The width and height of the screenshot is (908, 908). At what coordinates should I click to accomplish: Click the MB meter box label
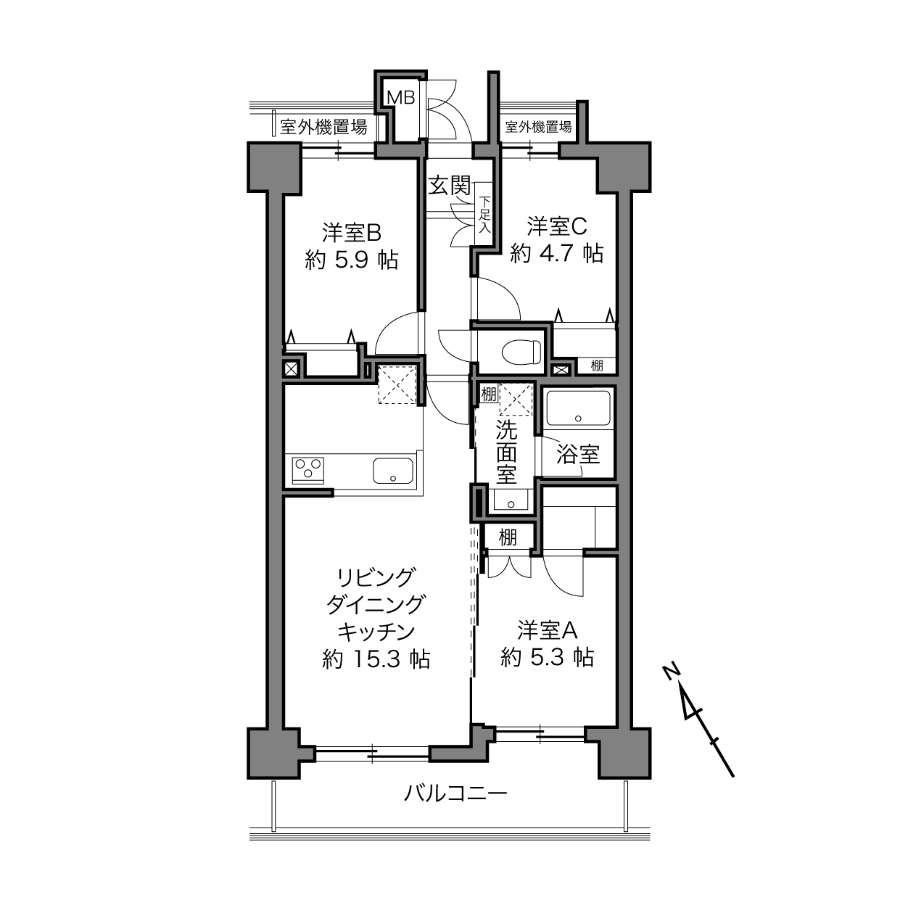pos(400,97)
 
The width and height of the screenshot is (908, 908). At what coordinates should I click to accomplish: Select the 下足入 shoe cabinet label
pos(485,215)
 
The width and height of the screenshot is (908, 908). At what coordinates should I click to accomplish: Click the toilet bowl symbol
pos(521,352)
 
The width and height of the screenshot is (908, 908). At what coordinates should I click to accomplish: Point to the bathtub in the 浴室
pos(578,408)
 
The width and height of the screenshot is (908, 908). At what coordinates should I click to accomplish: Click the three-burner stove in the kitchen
pos(309,470)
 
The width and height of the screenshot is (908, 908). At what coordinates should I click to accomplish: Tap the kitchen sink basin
pos(394,470)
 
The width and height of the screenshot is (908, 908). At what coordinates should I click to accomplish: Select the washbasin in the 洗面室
pos(511,500)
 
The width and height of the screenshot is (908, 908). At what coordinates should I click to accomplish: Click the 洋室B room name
pos(352,233)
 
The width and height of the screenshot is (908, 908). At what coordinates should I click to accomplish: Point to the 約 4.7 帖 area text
pos(556,254)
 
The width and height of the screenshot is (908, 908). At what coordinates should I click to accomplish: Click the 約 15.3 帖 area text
pos(376,659)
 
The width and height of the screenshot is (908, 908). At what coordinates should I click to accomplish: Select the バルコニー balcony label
pos(455,793)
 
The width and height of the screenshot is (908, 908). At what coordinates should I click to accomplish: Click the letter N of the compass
pos(671,671)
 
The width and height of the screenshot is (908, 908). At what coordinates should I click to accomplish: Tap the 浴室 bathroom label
pos(578,454)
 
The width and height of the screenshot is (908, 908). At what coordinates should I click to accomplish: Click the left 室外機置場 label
pos(323,126)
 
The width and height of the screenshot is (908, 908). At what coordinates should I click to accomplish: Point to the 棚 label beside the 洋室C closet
pos(597,365)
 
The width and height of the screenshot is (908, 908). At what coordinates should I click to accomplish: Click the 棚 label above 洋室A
pos(508,537)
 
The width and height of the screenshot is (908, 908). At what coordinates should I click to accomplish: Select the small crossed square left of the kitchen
pos(291,368)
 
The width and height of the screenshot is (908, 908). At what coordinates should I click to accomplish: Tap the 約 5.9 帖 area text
pos(352,260)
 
